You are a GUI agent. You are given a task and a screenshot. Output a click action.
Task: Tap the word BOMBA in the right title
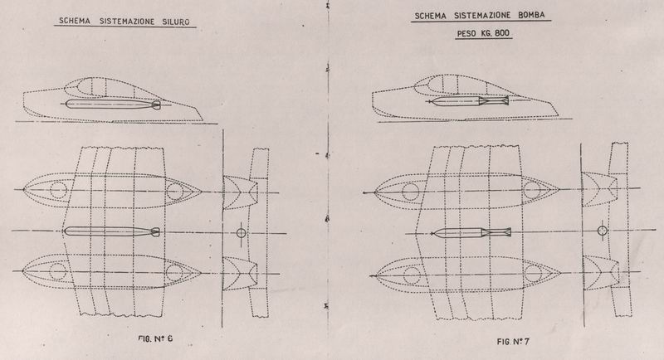coord(531,15)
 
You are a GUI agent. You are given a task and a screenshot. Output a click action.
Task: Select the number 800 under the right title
coord(501,33)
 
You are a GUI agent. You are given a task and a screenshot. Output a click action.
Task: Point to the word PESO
coord(467,33)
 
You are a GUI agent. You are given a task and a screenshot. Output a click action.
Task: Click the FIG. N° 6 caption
coord(155,338)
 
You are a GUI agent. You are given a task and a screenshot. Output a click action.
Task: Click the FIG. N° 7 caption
coord(513,341)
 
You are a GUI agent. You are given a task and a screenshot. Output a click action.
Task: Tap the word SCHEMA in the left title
coord(75,21)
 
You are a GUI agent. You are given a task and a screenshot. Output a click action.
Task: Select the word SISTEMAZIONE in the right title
coord(482,16)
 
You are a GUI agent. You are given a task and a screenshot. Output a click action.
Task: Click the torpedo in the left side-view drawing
coord(114,105)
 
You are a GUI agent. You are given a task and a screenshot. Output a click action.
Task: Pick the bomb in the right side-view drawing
coord(468,101)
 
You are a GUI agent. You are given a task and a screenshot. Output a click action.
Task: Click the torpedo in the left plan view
coord(112,231)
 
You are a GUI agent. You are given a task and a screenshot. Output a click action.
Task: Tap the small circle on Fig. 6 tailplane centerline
coord(241,232)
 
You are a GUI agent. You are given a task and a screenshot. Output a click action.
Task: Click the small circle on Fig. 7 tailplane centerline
coord(603,231)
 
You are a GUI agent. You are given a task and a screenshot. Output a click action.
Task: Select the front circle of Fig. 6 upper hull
coord(58,189)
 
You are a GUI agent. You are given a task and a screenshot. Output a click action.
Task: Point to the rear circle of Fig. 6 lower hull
coord(174,273)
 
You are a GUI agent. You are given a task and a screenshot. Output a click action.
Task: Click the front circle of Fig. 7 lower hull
coord(411,275)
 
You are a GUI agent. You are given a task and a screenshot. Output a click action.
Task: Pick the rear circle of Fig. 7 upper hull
coord(532,190)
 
